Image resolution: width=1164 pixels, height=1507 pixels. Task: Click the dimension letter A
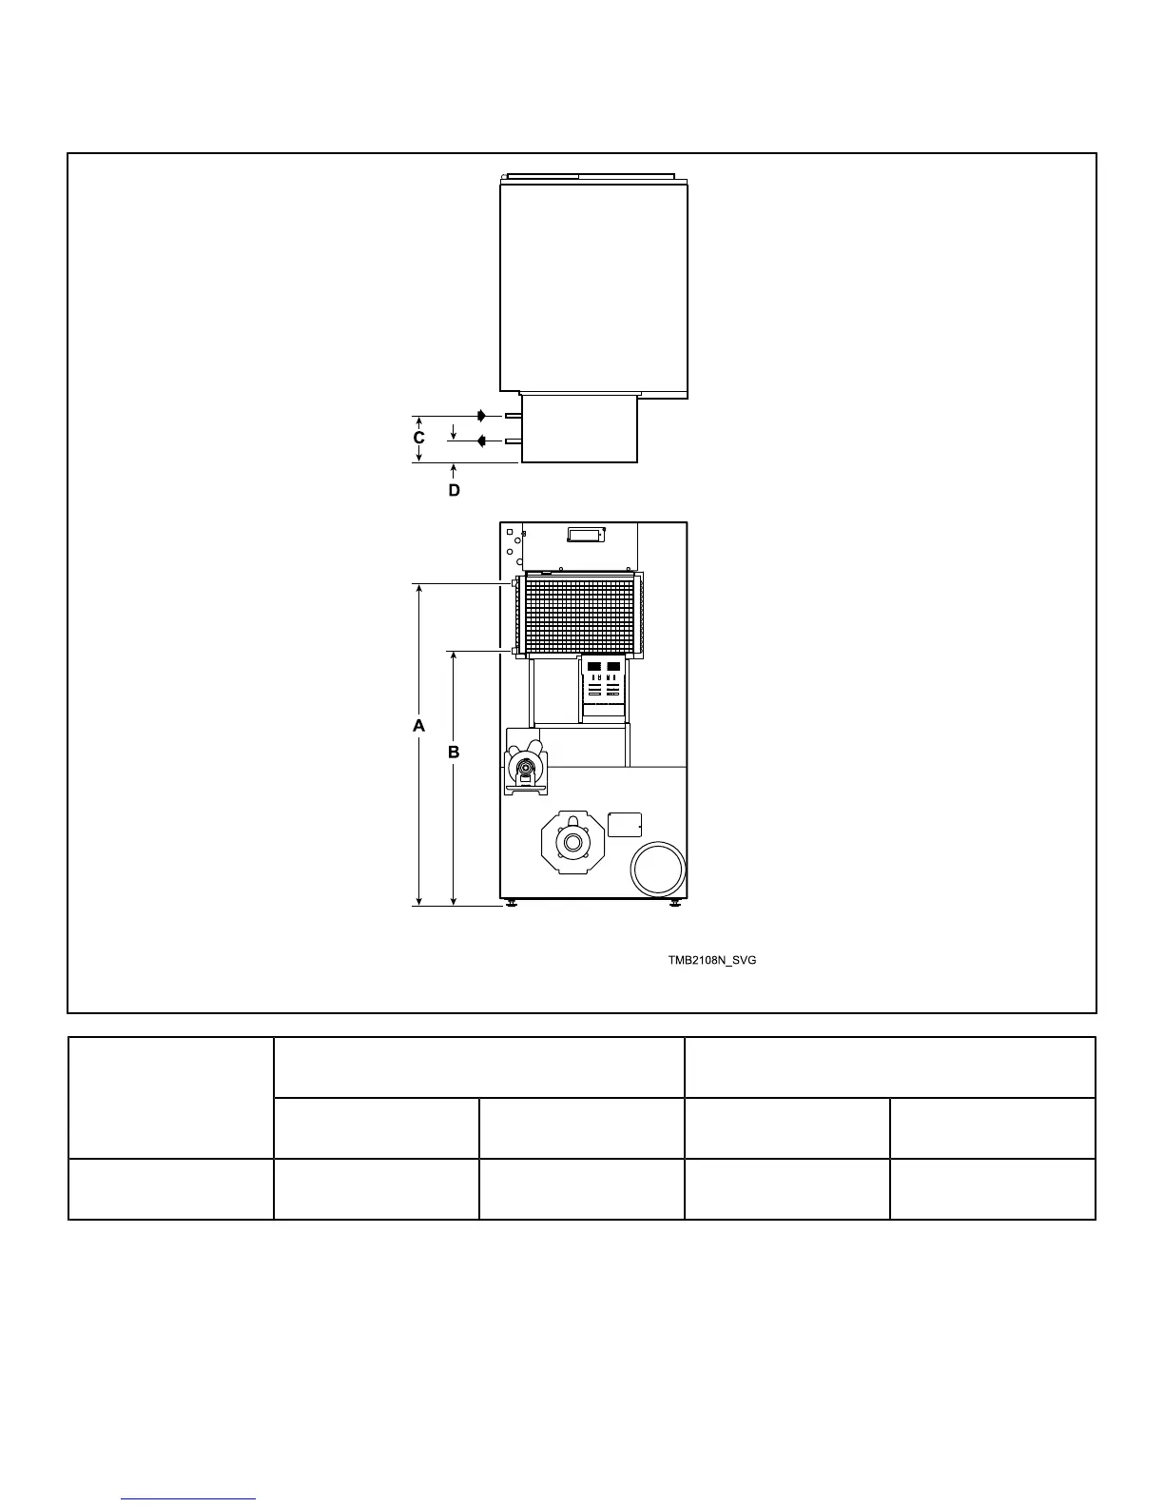coord(418,725)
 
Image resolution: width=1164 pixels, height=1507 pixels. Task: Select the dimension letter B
coord(454,752)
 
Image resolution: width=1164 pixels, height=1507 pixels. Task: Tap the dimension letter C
coord(418,438)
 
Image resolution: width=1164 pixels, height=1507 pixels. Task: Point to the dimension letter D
coord(454,490)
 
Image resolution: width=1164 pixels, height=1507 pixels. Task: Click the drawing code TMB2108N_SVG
coord(712,960)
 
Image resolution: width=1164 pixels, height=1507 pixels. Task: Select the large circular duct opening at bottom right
coord(658,869)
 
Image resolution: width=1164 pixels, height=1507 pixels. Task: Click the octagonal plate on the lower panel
coord(572,842)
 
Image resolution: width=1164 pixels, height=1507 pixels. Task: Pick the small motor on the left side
coord(526,769)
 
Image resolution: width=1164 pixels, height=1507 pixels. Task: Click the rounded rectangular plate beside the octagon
coord(625,825)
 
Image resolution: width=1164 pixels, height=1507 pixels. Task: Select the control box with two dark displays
coord(604,686)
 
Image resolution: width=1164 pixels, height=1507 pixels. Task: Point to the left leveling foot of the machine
coord(512,903)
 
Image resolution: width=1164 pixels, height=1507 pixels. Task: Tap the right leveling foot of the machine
coord(674,903)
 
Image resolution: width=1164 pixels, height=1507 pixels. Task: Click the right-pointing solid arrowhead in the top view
coord(482,416)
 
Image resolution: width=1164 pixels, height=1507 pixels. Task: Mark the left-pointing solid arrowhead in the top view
coord(481,441)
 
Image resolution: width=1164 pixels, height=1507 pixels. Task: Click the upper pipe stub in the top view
coord(513,416)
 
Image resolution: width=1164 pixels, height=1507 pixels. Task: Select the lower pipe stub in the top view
coord(513,441)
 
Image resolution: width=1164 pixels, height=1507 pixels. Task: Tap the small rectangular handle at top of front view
coord(587,534)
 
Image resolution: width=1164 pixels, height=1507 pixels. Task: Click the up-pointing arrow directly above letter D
coord(454,472)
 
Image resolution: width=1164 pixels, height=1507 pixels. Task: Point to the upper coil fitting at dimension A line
coord(514,584)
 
